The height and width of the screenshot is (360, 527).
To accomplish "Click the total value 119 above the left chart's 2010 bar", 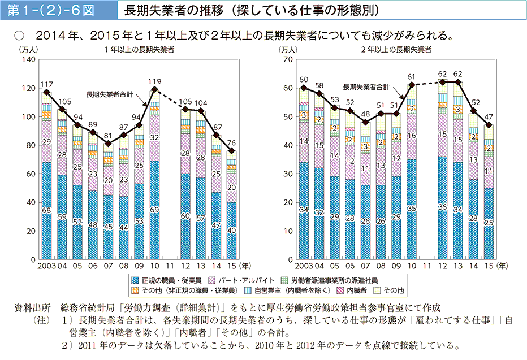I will coord(154,80).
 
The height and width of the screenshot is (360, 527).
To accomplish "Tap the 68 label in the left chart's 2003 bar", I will coord(46,210).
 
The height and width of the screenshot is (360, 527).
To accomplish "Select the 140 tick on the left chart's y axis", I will coord(29,59).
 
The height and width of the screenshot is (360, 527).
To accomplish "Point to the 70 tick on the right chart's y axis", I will coord(288,59).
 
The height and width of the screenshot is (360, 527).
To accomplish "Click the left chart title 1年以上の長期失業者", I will coord(139,50).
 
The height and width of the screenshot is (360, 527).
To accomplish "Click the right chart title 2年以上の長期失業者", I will coord(396,50).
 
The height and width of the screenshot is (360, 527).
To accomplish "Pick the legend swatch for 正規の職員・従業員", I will coord(135,280).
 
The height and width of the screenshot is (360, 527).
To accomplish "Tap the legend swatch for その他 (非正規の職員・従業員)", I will coord(135,290).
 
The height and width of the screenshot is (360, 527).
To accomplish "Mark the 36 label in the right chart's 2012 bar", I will coord(442,207).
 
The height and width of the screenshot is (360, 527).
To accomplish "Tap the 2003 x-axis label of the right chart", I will coord(303,264).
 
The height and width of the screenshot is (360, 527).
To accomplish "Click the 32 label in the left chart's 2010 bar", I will coord(154,137).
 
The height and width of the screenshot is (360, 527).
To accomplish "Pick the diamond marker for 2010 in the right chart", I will coord(412,85).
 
